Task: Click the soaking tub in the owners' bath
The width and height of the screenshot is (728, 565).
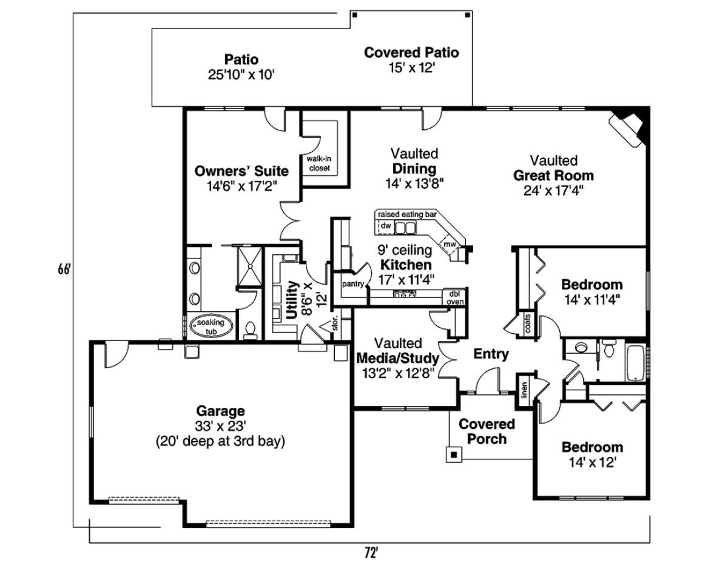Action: [x=211, y=326]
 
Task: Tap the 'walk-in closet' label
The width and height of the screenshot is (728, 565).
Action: [x=319, y=163]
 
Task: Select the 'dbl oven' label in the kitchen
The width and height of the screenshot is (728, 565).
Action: [x=455, y=297]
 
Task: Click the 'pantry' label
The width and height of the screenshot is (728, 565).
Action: [x=353, y=284]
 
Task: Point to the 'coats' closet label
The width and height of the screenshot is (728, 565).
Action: [x=528, y=323]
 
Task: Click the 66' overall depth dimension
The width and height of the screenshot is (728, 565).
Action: [x=64, y=269]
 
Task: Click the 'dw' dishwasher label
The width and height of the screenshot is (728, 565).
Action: [x=386, y=226]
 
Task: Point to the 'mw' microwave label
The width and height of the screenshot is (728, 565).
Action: [x=450, y=245]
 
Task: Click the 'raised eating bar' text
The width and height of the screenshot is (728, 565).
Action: [x=408, y=214]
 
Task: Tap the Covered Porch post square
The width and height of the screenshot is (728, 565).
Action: [x=454, y=455]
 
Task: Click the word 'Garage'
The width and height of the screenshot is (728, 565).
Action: [x=220, y=410]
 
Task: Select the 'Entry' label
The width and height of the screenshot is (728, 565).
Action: [x=491, y=354]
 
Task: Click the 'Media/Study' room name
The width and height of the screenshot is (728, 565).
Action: [x=397, y=358]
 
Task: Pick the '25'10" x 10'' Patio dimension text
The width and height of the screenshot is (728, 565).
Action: [x=241, y=75]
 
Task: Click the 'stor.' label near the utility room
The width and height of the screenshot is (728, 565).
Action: [x=335, y=323]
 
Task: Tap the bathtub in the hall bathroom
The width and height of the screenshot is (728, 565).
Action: [x=636, y=363]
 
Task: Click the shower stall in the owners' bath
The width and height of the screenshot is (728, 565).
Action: [x=249, y=266]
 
